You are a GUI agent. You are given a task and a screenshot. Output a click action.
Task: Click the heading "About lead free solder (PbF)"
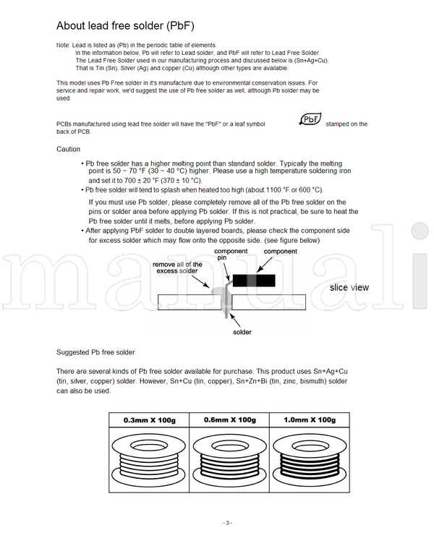coord(125,26)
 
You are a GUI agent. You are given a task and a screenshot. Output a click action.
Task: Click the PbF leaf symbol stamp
coord(310,120)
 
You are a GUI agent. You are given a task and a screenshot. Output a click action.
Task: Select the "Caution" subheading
coord(68,149)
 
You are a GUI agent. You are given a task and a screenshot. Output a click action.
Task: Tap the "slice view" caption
coord(349,287)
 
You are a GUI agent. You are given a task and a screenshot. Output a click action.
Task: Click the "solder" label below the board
coord(242,332)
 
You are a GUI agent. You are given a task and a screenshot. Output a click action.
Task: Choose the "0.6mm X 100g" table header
coord(230,419)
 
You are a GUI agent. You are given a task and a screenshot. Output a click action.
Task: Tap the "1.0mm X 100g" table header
coord(310,419)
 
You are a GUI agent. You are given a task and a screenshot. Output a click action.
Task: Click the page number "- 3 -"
coord(227,523)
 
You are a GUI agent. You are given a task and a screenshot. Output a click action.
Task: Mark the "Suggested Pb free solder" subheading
coord(95,352)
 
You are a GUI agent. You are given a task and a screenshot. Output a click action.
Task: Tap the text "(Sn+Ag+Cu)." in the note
coord(310,60)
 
